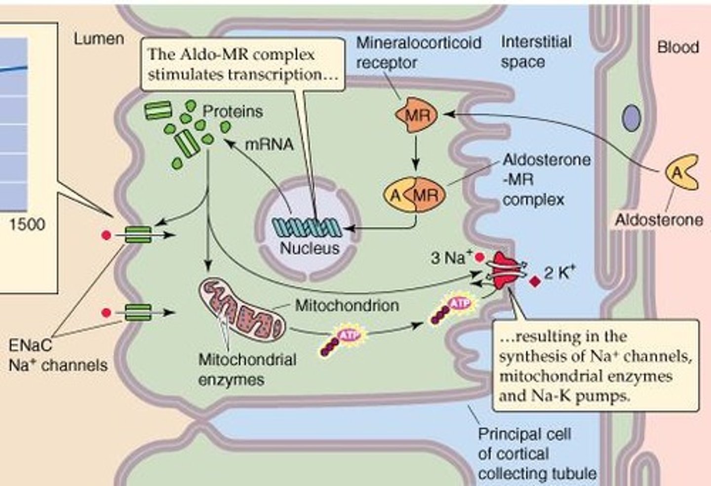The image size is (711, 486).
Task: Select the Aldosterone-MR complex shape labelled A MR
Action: coord(415,195)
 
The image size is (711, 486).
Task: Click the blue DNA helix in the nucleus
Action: coord(307,227)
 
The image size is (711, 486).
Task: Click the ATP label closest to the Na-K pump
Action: coord(459,302)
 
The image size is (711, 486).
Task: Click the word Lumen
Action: coord(99,39)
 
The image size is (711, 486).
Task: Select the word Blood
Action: coord(678,47)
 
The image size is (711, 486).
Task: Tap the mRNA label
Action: coord(269,144)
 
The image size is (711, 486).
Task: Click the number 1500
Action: coord(27,224)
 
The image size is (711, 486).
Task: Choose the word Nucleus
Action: coord(310,248)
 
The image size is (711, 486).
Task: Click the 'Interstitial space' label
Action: coord(536,52)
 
